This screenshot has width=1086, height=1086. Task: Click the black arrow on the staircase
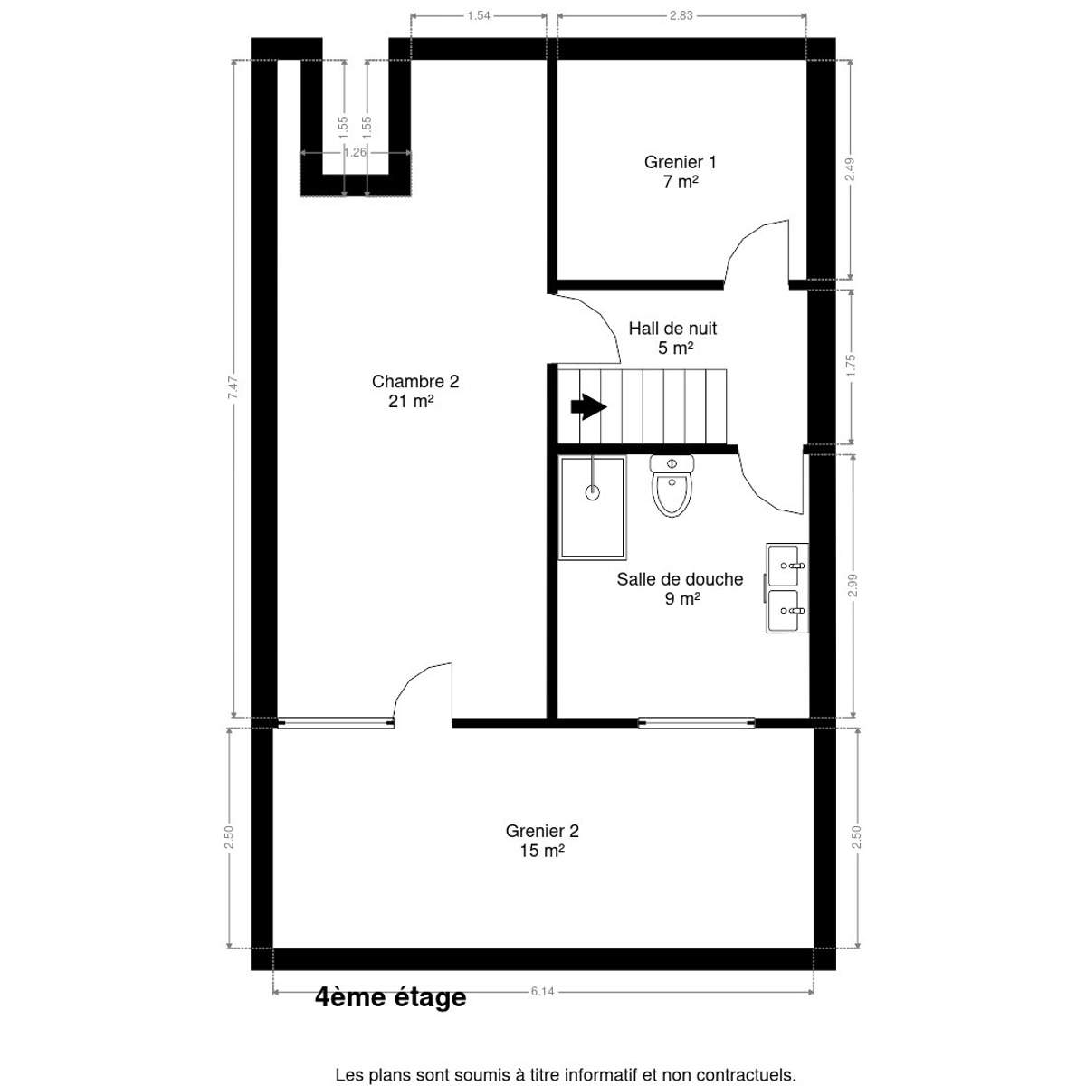click(x=588, y=406)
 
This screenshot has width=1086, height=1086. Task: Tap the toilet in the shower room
click(x=672, y=486)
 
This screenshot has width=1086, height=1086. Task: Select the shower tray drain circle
click(x=592, y=493)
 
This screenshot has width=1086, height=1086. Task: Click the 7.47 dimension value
click(x=233, y=387)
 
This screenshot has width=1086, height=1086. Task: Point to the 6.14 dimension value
click(x=543, y=991)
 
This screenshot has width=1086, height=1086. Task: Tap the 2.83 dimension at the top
click(x=681, y=15)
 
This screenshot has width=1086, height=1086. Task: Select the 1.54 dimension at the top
click(x=479, y=15)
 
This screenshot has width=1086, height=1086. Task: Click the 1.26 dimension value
click(x=355, y=152)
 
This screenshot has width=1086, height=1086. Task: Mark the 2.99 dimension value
click(x=853, y=585)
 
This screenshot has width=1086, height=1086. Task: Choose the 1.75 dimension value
click(x=851, y=366)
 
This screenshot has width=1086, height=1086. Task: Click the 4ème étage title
click(x=391, y=997)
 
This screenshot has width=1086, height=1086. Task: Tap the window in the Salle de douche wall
click(x=697, y=722)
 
